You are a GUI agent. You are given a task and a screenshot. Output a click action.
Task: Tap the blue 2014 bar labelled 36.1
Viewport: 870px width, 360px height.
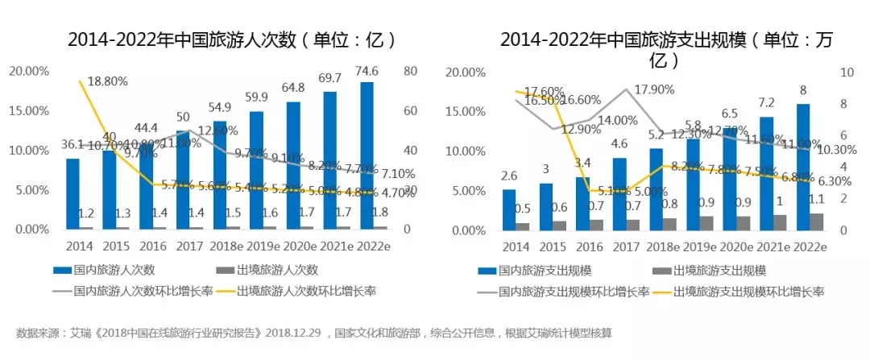point(73,193)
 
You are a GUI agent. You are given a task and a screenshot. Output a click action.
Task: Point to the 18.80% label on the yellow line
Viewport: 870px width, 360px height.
point(110,81)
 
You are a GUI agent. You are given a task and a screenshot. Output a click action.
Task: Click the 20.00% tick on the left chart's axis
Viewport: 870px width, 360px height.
point(28,71)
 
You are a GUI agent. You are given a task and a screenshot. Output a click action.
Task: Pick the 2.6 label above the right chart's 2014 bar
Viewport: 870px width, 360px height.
point(508,175)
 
